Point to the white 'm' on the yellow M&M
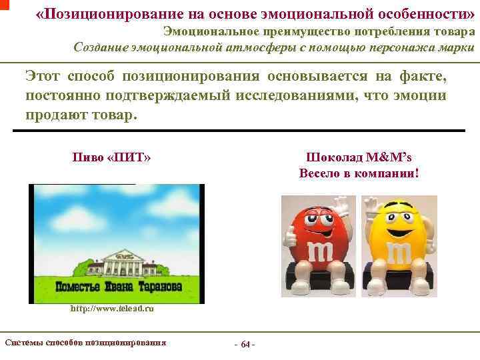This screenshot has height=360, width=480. click(399, 253)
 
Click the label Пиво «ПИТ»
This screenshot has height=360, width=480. click(111, 158)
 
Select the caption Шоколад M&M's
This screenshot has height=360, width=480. click(359, 158)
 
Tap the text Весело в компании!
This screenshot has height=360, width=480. click(359, 174)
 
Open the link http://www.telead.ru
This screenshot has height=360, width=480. click(113, 309)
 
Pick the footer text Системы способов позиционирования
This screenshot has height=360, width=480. click(85, 343)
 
